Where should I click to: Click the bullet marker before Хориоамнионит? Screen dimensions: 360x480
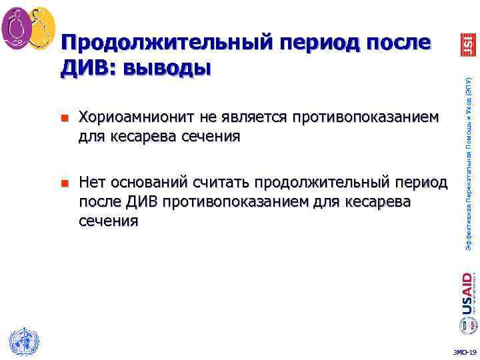(65, 118)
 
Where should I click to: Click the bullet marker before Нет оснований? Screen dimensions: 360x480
(65, 182)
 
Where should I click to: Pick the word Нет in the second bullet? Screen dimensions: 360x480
(93, 182)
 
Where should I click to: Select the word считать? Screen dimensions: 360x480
(221, 182)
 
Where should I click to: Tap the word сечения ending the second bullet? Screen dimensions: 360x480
(109, 221)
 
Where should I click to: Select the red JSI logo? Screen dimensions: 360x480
(467, 45)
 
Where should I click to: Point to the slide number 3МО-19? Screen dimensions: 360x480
(464, 352)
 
